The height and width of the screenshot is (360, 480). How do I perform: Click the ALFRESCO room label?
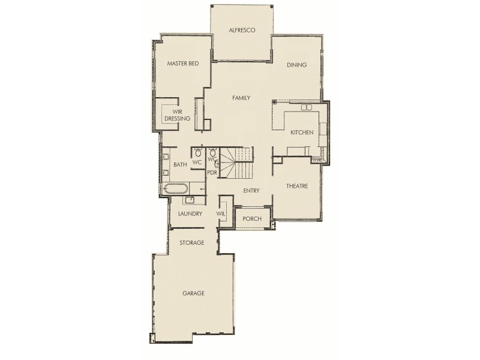(243, 30)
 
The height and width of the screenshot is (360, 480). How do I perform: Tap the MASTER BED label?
(182, 63)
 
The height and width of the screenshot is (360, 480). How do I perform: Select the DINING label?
(296, 65)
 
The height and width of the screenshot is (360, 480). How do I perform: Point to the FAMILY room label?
(241, 98)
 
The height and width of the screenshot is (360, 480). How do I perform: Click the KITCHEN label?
(302, 132)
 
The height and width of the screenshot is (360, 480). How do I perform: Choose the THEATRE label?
(296, 186)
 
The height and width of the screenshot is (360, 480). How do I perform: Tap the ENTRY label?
(251, 191)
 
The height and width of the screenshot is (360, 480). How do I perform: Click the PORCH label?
(252, 219)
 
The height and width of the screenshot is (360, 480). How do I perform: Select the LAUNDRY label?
(190, 214)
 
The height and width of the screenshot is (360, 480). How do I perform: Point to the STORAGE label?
(192, 243)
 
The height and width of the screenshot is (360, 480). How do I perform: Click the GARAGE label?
(193, 293)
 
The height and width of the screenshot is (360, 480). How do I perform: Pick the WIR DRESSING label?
(177, 115)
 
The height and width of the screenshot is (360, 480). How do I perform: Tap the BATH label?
(180, 164)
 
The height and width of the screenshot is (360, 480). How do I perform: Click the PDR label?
(211, 173)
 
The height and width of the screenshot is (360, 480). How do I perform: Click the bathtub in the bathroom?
(176, 189)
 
